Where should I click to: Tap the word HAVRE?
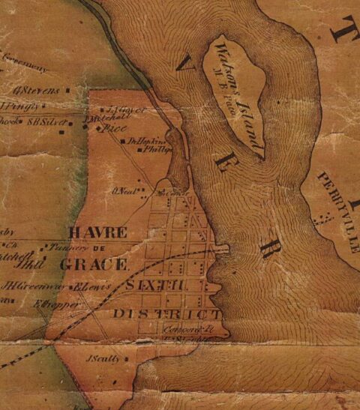[97, 232]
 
